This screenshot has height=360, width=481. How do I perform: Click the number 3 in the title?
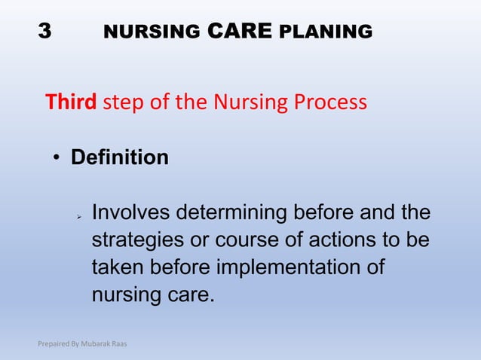45,32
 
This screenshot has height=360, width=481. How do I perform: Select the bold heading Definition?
119,158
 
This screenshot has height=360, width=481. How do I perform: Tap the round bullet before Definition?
57,159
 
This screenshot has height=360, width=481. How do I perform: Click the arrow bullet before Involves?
78,217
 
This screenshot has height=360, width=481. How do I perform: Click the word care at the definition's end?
183,293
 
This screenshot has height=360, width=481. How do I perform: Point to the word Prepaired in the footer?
55,344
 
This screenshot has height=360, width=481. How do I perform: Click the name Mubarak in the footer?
97,344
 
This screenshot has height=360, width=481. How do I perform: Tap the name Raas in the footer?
120,344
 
